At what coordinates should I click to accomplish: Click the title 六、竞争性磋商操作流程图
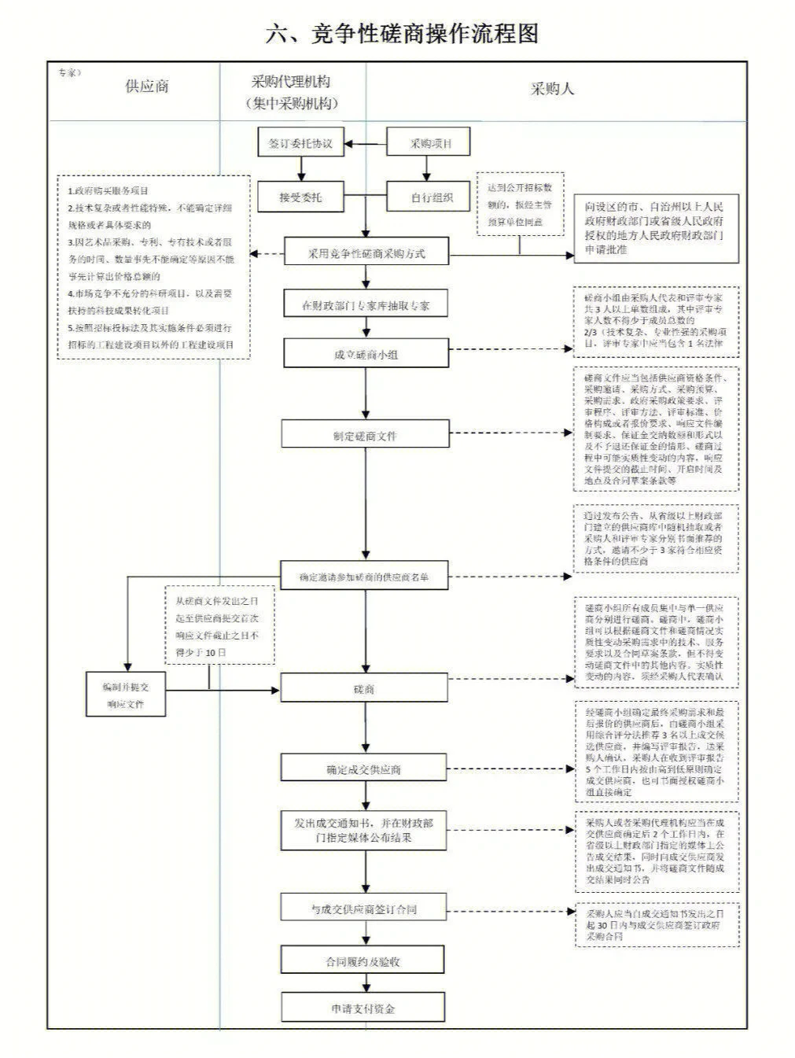tap(402, 33)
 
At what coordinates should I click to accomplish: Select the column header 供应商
tap(146, 87)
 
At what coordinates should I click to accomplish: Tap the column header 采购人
tap(552, 89)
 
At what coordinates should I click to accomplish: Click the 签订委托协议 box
tap(300, 144)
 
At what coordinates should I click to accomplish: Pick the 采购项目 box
tap(429, 144)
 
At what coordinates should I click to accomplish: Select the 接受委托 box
tap(300, 197)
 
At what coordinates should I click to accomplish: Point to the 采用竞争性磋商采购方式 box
tap(366, 253)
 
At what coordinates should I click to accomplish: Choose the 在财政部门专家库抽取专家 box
tap(366, 305)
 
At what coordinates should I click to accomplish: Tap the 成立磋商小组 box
tap(366, 354)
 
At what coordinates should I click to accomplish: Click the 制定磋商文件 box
tap(366, 435)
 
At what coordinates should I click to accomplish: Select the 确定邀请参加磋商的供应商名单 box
tap(364, 576)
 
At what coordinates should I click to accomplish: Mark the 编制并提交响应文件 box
tap(126, 695)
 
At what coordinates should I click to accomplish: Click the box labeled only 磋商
tap(364, 688)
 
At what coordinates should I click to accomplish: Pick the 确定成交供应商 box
tap(364, 769)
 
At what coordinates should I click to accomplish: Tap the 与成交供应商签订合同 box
tap(364, 909)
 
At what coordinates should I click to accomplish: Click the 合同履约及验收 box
tap(364, 961)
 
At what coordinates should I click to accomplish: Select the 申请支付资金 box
tap(364, 1008)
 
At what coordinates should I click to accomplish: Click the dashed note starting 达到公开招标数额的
tap(520, 205)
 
